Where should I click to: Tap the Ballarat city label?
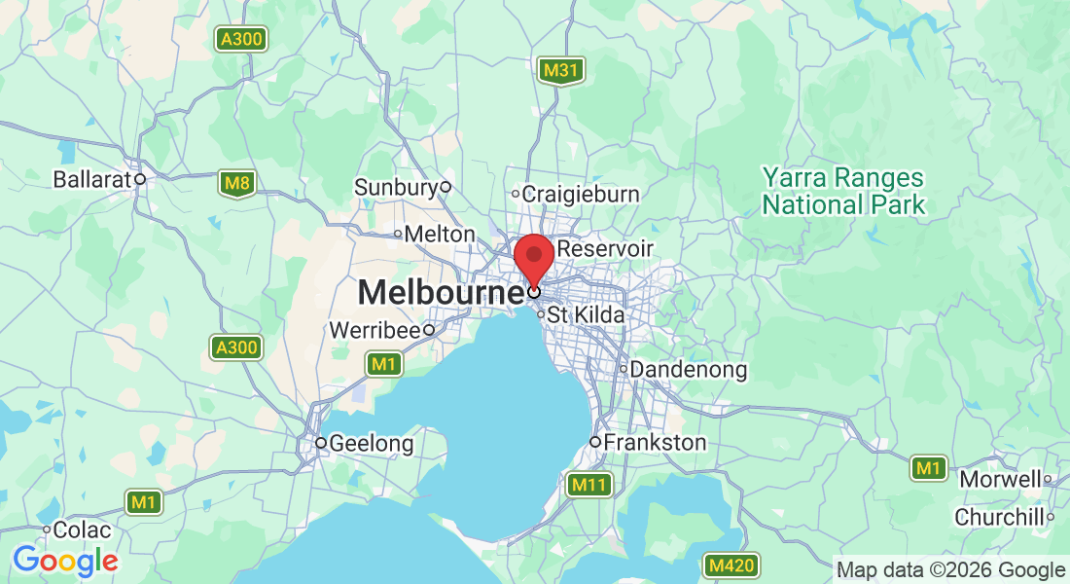(91, 179)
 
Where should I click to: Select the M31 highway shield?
(561, 70)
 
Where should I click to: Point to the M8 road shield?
(236, 183)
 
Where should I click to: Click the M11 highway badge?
(589, 484)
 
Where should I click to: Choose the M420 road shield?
(731, 566)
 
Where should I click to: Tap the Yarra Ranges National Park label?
(842, 192)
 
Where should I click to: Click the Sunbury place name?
(396, 187)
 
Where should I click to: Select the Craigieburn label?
(581, 194)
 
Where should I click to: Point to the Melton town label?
(439, 234)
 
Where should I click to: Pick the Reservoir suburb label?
(604, 249)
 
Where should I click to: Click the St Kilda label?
(586, 314)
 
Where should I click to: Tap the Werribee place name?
(374, 330)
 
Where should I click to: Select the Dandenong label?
(689, 370)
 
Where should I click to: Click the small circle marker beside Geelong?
(320, 443)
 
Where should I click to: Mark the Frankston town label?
(655, 443)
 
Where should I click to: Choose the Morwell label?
(1001, 479)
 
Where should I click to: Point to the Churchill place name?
(998, 517)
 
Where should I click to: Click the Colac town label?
(82, 530)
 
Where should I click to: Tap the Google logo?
(65, 561)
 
